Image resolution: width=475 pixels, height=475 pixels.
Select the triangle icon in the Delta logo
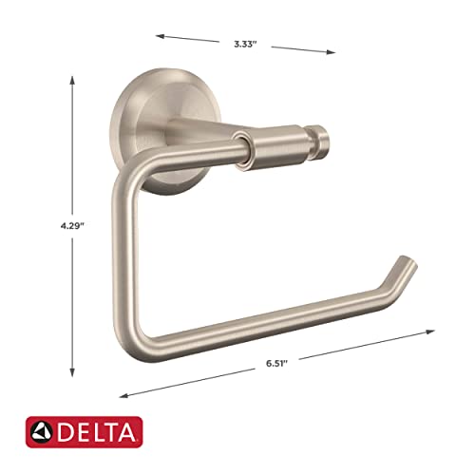click(x=43, y=432)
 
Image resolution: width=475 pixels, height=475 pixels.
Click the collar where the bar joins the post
click(x=242, y=149)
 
